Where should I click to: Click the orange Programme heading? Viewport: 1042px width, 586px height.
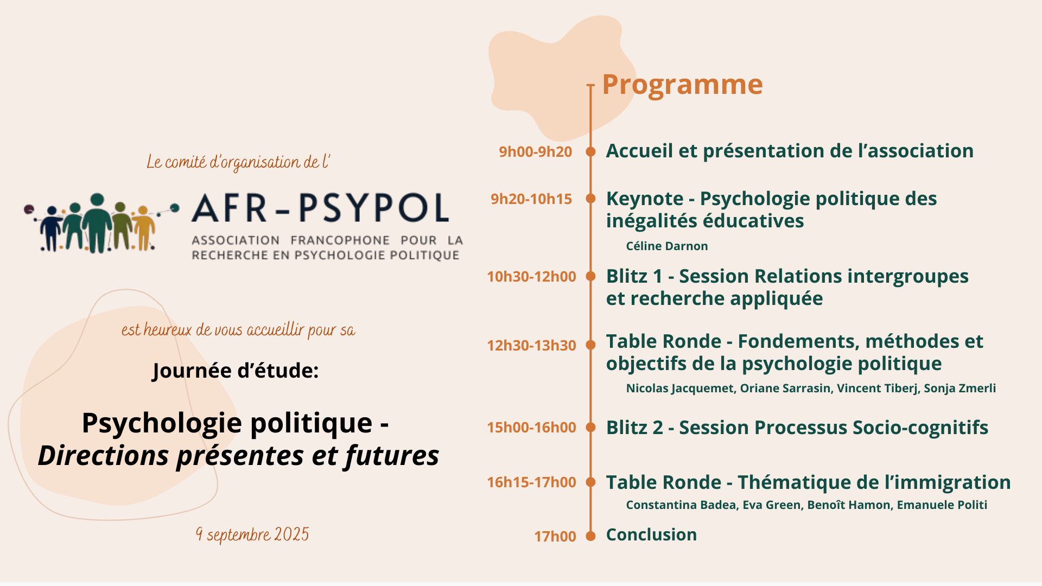pyautogui.click(x=682, y=85)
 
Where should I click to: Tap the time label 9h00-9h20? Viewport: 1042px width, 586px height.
pyautogui.click(x=536, y=151)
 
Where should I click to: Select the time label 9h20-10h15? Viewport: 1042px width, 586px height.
pyautogui.click(x=531, y=199)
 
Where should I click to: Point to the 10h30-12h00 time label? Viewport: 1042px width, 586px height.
pyautogui.click(x=531, y=277)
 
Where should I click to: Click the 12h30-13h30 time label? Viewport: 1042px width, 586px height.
pyautogui.click(x=531, y=346)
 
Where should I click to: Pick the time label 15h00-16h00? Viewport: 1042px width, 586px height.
pyautogui.click(x=531, y=428)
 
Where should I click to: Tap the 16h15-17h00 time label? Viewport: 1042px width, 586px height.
pyautogui.click(x=531, y=482)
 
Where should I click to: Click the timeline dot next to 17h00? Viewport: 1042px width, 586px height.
pyautogui.click(x=591, y=536)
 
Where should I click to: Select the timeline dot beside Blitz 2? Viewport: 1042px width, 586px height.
pyautogui.click(x=591, y=428)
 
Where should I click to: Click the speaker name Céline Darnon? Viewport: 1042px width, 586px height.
pyautogui.click(x=667, y=246)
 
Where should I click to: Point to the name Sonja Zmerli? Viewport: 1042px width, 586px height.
pyautogui.click(x=960, y=388)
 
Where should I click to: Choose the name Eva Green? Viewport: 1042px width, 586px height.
pyautogui.click(x=771, y=505)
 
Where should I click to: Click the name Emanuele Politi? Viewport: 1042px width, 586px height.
pyautogui.click(x=942, y=505)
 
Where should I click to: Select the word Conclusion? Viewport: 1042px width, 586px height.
pyautogui.click(x=651, y=535)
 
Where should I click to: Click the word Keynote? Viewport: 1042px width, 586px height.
pyautogui.click(x=645, y=199)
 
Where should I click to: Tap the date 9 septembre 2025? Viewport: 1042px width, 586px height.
pyautogui.click(x=252, y=535)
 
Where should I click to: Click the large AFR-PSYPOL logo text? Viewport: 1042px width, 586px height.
pyautogui.click(x=320, y=208)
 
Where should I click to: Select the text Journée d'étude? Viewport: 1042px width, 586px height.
pyautogui.click(x=236, y=371)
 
